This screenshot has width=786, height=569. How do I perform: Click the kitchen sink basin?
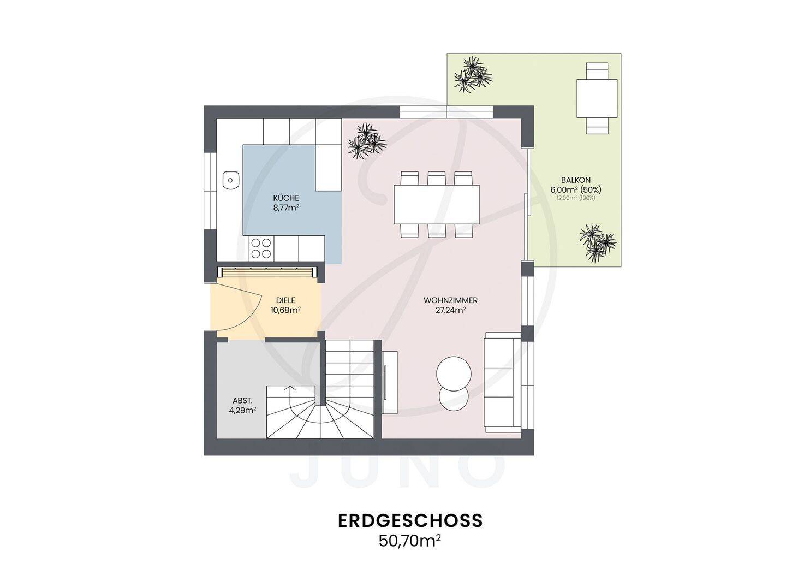230,180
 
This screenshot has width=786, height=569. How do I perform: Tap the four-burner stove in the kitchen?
261,248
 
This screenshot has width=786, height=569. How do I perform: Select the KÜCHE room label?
286,198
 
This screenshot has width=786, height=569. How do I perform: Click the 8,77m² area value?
286,208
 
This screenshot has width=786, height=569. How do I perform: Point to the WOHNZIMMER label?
450,300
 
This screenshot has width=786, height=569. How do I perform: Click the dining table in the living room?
437,204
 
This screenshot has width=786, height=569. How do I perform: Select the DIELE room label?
285,300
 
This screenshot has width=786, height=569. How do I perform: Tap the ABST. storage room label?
242,400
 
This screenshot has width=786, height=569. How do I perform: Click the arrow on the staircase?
290,396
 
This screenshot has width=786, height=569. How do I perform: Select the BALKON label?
576,180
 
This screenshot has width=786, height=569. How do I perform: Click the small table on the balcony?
597,99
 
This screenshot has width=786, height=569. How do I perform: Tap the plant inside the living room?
367,141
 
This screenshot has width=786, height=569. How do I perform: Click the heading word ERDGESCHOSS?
410,521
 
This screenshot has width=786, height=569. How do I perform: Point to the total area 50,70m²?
410,541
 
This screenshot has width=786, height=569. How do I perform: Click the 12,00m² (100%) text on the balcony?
576,198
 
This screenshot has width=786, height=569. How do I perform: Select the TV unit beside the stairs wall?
390,383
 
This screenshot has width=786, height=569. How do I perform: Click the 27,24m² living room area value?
450,310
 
